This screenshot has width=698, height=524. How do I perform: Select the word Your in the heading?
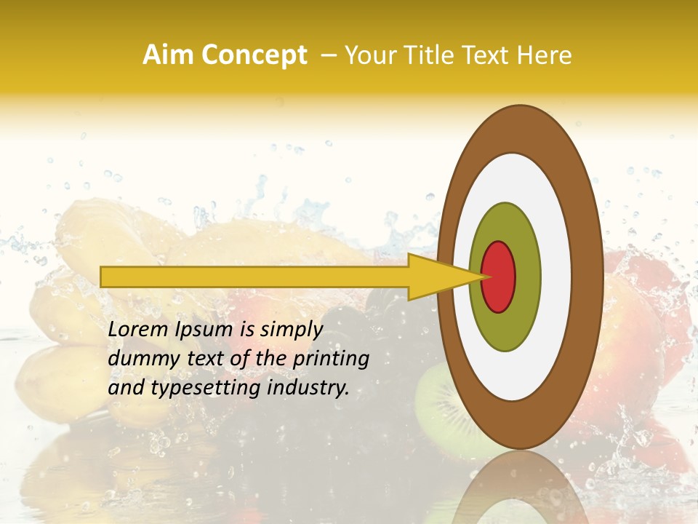[x=368, y=55]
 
